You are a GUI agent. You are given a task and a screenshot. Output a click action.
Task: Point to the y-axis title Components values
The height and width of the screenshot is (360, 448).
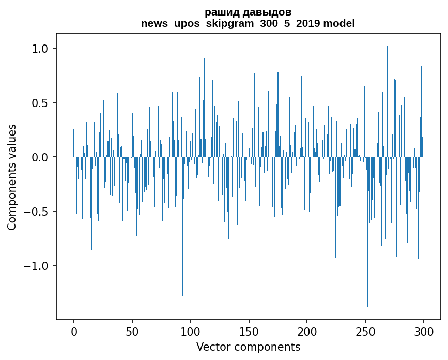coord(12,177)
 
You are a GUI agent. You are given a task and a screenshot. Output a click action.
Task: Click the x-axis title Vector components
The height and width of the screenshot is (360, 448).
coord(248,347)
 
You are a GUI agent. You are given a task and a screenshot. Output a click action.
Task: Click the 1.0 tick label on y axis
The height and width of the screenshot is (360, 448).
coord(40,49)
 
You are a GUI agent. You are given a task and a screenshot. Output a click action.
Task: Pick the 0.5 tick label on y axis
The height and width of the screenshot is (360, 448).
coord(40,103)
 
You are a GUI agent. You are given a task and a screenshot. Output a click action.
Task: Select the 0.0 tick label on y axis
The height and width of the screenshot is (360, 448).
coord(40,157)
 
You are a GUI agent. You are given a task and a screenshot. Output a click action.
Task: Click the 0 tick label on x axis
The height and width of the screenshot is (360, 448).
coord(74,331)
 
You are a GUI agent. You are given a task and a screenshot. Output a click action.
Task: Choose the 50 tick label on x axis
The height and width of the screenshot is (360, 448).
coord(132,331)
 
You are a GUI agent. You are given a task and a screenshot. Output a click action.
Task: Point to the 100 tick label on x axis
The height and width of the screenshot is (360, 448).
coord(191,331)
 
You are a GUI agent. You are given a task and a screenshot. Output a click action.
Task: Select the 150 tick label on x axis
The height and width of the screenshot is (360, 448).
coord(249,331)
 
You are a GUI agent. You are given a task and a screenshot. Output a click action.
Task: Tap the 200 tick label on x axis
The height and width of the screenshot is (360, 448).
coord(307,331)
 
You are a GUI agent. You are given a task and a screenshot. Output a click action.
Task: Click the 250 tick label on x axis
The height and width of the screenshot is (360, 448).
coord(365,331)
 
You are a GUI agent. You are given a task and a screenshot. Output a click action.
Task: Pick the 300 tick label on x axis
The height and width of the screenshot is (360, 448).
coord(424,331)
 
